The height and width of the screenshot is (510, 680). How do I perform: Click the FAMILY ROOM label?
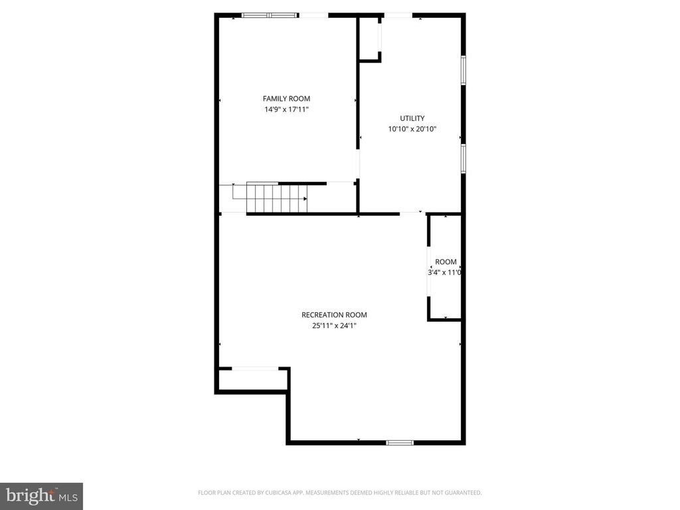click(286, 99)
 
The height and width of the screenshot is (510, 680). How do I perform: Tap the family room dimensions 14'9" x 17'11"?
click(286, 110)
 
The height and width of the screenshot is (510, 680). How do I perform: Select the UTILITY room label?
click(412, 118)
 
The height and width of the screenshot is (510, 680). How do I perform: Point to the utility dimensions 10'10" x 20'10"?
click(412, 129)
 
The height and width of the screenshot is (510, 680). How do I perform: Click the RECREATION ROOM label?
click(334, 315)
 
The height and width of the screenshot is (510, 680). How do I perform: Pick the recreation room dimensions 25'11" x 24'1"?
click(334, 325)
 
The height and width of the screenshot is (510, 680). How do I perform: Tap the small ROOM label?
click(446, 262)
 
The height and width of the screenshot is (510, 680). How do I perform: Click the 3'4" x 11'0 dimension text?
click(445, 272)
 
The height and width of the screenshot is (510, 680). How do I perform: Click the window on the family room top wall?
click(269, 15)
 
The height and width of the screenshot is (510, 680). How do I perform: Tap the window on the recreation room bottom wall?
click(400, 442)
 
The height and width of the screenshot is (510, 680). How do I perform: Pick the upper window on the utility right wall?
click(464, 70)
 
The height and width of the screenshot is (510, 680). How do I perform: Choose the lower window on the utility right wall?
click(464, 158)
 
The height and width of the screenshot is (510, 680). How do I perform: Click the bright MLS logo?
click(41, 495)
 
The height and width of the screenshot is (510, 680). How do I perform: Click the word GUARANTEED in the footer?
click(462, 493)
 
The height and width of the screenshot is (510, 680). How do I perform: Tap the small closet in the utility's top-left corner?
click(369, 39)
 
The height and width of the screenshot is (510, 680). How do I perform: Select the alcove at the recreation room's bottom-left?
click(252, 379)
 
